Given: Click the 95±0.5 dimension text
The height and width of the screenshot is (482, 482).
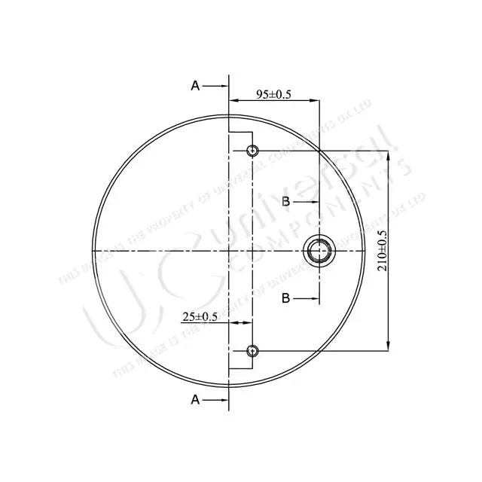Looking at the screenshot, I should (x=274, y=94).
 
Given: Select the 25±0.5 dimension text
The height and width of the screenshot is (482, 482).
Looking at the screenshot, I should (x=200, y=317).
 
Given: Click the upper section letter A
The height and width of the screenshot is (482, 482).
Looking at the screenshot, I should (x=196, y=86).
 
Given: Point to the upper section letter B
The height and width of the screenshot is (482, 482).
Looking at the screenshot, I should (x=286, y=201).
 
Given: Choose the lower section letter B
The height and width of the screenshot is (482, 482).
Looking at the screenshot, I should (x=286, y=298).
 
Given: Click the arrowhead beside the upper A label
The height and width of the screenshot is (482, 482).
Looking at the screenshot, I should (x=223, y=86).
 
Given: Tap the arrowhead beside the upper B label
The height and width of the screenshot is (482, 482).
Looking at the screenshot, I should (x=316, y=201).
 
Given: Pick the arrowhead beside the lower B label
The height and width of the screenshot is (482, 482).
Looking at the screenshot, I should (x=316, y=298).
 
